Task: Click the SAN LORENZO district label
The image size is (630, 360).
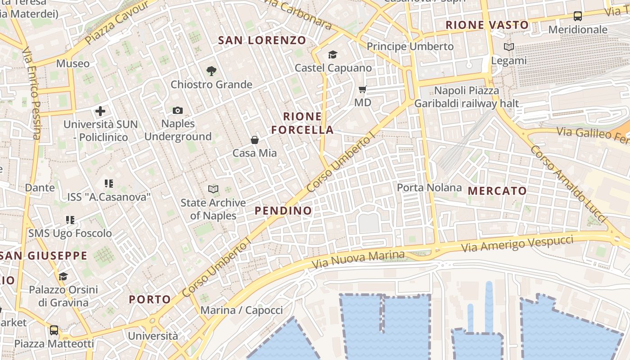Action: (x=262, y=40)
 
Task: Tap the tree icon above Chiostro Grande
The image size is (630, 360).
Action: (x=211, y=71)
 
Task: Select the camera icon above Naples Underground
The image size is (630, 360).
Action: (x=178, y=110)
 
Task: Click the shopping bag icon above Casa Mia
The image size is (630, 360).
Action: (x=255, y=140)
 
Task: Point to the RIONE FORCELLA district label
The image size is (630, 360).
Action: (x=302, y=123)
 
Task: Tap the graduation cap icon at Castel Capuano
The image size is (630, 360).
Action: (x=333, y=55)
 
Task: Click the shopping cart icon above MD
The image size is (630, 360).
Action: (x=363, y=89)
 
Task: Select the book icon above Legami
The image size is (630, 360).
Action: (x=509, y=47)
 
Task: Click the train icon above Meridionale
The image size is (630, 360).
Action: (x=578, y=17)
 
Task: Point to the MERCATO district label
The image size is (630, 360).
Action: (x=497, y=191)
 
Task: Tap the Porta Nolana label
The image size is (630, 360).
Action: (x=429, y=187)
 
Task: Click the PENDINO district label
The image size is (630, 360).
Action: (x=283, y=211)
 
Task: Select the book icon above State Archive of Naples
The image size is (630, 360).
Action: (x=213, y=189)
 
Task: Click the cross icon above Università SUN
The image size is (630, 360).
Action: (x=100, y=111)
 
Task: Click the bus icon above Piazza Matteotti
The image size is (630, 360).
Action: (x=54, y=330)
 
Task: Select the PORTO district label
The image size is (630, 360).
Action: (x=150, y=299)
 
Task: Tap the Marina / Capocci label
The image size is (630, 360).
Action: (x=242, y=310)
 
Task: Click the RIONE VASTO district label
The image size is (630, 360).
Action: (x=487, y=25)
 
